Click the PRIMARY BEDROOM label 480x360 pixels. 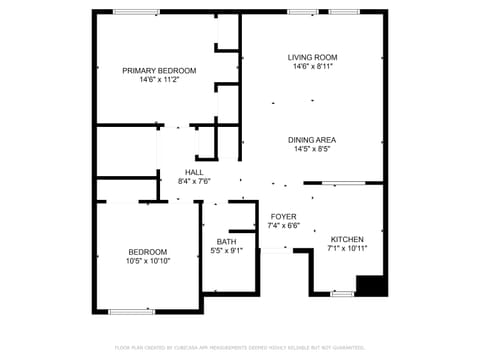click(159, 70)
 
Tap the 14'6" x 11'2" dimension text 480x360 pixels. click(159, 80)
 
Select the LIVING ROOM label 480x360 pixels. click(312, 57)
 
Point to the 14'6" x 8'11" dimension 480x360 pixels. click(312, 67)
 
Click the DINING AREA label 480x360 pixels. click(312, 140)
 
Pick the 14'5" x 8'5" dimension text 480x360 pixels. click(312, 150)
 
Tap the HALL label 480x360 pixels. click(194, 172)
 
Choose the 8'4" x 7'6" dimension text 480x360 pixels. click(194, 182)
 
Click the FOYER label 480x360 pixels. click(283, 216)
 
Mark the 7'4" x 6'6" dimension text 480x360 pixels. click(283, 226)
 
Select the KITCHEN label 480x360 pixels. click(347, 239)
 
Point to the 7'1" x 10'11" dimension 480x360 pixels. click(347, 249)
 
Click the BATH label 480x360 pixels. click(227, 241)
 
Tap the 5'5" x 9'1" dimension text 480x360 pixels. click(227, 251)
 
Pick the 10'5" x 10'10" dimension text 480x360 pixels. click(147, 261)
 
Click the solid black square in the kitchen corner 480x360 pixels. click(371, 285)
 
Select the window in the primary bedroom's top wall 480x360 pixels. click(137, 12)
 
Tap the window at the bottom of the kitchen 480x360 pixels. click(342, 294)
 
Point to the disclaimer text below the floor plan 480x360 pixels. click(239, 347)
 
